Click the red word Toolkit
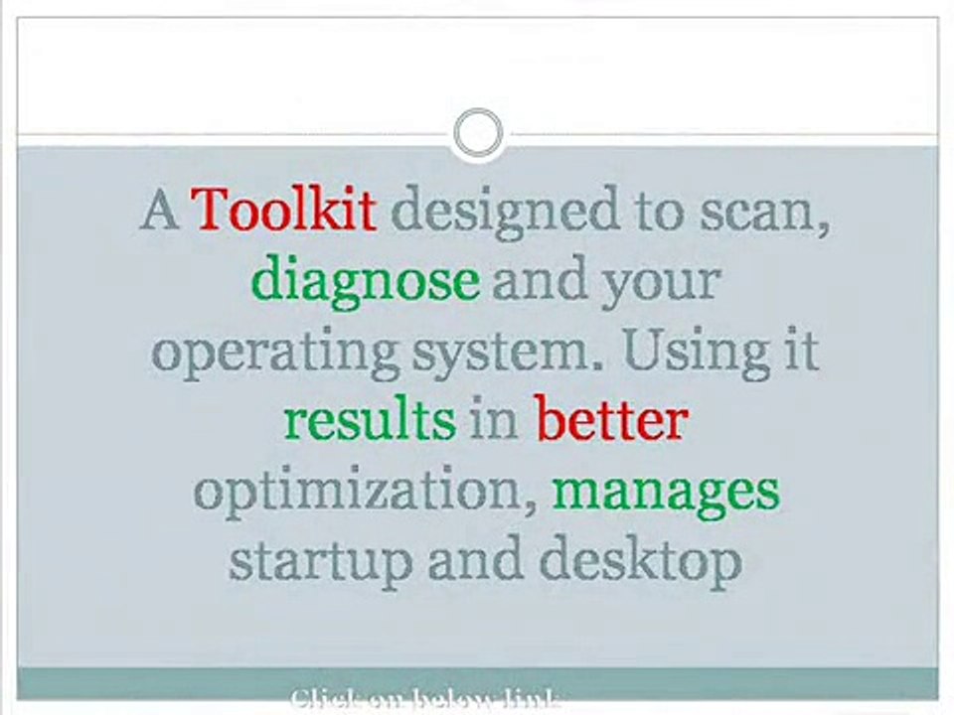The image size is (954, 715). [x=283, y=210]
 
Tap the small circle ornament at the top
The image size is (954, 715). [x=478, y=133]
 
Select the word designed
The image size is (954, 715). [x=491, y=212]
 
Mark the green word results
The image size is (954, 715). [x=369, y=421]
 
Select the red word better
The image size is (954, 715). [x=611, y=421]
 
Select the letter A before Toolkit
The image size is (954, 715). [x=159, y=211]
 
